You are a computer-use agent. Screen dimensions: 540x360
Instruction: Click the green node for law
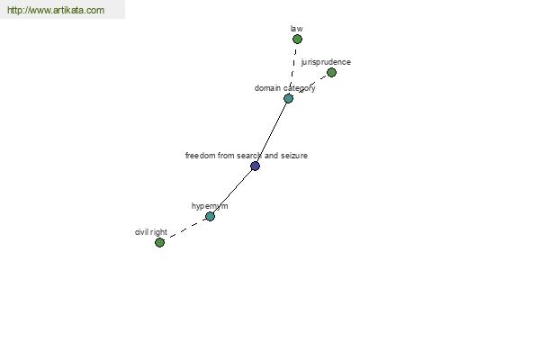297,40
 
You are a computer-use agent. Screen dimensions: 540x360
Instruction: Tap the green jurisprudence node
331,72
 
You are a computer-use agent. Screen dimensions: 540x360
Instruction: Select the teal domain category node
288,98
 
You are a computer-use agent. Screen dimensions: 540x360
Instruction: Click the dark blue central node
255,166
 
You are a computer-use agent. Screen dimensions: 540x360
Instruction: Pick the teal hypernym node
210,216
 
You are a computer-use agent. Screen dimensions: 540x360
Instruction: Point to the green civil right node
159,242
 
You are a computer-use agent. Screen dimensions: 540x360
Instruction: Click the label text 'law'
296,29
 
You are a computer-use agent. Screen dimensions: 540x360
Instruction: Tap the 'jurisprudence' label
326,62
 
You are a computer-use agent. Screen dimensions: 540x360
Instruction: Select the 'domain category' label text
284,88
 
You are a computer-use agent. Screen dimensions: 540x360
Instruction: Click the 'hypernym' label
210,206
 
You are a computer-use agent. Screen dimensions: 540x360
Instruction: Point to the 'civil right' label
151,232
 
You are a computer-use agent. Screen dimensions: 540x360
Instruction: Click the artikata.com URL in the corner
56,10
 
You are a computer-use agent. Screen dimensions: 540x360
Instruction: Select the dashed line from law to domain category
293,65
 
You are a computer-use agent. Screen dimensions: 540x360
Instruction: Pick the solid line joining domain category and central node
272,132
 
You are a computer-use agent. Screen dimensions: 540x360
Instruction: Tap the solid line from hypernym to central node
232,191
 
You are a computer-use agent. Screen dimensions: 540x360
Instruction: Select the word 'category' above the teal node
300,88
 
